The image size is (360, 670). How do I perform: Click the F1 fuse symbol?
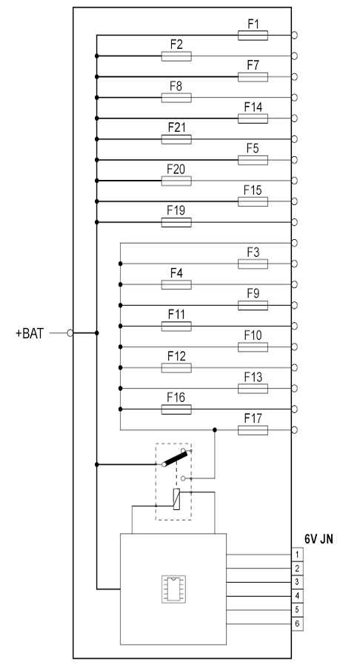253,36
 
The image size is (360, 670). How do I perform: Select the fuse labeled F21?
176,139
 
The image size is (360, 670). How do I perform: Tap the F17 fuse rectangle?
253,430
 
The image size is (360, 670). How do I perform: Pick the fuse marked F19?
176,222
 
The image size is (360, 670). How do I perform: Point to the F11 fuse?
176,326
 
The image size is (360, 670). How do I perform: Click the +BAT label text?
30,333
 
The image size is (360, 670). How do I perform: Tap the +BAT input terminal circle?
70,333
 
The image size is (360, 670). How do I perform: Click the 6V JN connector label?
319,539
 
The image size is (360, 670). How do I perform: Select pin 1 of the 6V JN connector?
297,555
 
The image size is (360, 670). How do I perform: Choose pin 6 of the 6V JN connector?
297,624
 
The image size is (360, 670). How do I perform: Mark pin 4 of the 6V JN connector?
297,596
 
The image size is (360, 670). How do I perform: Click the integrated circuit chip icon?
173,589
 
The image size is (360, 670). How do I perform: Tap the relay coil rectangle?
176,499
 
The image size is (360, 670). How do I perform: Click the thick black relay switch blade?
175,458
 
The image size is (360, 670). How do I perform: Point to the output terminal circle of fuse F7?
294,77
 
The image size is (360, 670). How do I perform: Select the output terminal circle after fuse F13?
294,389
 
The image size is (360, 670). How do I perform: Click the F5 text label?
253,149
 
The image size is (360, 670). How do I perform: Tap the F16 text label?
176,398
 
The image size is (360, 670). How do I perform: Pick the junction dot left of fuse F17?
215,430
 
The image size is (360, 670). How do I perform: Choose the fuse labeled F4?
176,284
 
